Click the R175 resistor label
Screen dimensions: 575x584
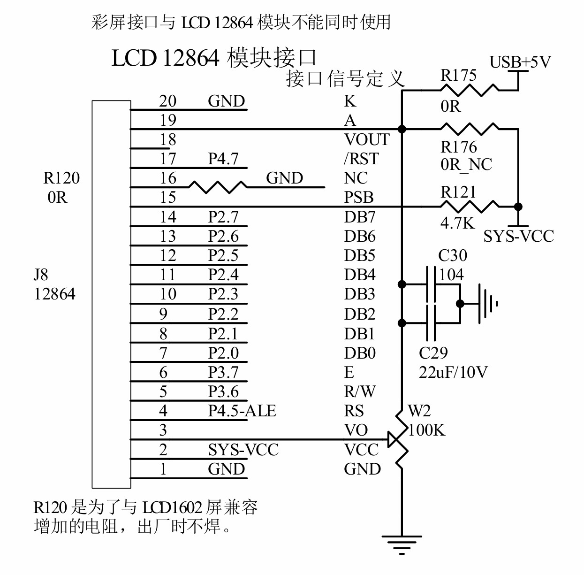click(x=458, y=76)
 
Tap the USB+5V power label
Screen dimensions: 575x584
click(x=520, y=62)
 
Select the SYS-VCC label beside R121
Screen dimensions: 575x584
click(x=518, y=236)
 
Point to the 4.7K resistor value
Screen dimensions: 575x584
click(x=457, y=223)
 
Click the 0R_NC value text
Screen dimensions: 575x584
click(x=466, y=165)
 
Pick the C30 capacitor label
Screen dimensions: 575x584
click(x=453, y=256)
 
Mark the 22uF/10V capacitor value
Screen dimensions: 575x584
click(x=453, y=373)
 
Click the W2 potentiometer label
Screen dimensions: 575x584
click(x=419, y=411)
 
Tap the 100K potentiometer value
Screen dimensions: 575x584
click(x=426, y=430)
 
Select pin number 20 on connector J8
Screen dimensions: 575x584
click(x=167, y=101)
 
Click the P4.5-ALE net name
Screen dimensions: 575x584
click(x=242, y=411)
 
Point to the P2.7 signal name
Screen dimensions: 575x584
click(x=223, y=217)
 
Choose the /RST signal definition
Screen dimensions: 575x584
click(x=361, y=159)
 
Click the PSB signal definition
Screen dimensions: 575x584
click(x=359, y=198)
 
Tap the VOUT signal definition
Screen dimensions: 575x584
click(x=367, y=140)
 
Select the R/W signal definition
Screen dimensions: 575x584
click(x=360, y=392)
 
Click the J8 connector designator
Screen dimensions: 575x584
click(x=41, y=275)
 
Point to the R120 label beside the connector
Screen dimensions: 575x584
click(x=61, y=178)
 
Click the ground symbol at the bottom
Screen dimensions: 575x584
click(x=402, y=544)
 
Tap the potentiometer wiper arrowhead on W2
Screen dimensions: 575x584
click(x=393, y=440)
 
